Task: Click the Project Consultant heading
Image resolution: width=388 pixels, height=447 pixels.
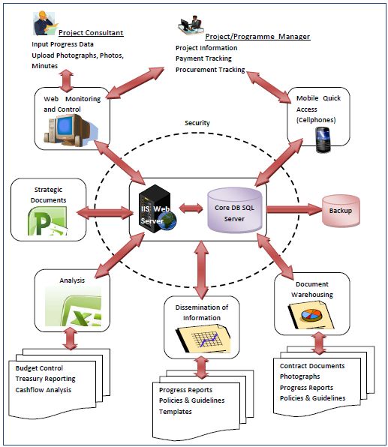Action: pyautogui.click(x=91, y=33)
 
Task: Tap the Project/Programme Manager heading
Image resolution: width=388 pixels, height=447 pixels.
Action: pyautogui.click(x=257, y=37)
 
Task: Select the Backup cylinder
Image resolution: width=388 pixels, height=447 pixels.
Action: pyautogui.click(x=341, y=211)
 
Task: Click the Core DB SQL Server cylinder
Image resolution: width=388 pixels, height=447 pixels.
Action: pyautogui.click(x=234, y=211)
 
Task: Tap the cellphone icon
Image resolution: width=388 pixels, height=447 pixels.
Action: pyautogui.click(x=323, y=139)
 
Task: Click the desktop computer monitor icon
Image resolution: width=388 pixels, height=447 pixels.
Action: pyautogui.click(x=71, y=130)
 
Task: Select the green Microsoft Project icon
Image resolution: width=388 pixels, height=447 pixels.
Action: pyautogui.click(x=47, y=221)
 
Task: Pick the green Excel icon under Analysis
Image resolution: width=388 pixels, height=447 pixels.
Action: pyautogui.click(x=73, y=306)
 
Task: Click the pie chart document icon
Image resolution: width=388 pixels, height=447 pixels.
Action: pyautogui.click(x=311, y=316)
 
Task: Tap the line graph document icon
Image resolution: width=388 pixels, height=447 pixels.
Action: pyautogui.click(x=203, y=338)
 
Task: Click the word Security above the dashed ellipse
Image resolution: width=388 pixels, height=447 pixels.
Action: pyautogui.click(x=197, y=123)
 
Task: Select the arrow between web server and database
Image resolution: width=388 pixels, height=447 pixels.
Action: pyautogui.click(x=191, y=208)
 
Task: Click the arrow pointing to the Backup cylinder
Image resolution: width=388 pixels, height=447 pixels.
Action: pyautogui.click(x=294, y=209)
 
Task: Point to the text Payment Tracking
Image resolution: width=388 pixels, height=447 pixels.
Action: pyautogui.click(x=203, y=58)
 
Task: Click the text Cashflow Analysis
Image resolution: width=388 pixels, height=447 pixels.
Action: pyautogui.click(x=44, y=390)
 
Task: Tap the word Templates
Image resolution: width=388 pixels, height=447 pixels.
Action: pyautogui.click(x=176, y=412)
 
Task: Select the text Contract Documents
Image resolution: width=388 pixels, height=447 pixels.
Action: pyautogui.click(x=312, y=366)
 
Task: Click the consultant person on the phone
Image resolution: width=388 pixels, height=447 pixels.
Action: pyautogui.click(x=44, y=23)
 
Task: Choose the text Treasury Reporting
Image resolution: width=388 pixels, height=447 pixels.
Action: pyautogui.click(x=45, y=379)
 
